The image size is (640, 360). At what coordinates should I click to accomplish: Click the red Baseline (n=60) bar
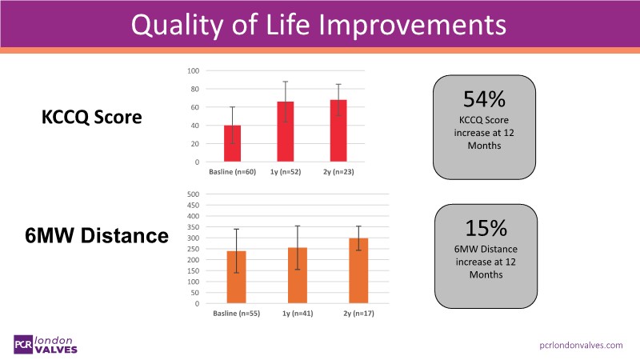[232, 144]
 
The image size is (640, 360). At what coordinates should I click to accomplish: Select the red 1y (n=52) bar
[285, 132]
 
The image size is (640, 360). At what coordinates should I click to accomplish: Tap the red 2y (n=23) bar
[338, 131]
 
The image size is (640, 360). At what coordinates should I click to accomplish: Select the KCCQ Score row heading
[91, 118]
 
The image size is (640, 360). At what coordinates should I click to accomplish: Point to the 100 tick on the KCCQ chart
[194, 70]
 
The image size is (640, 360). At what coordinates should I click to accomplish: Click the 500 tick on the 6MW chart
[192, 194]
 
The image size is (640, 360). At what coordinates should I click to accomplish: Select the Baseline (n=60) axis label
[232, 172]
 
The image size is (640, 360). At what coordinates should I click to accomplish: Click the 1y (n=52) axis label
[285, 172]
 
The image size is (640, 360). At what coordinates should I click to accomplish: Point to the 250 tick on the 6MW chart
[192, 249]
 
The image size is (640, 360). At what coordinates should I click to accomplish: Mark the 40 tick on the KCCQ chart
[194, 126]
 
